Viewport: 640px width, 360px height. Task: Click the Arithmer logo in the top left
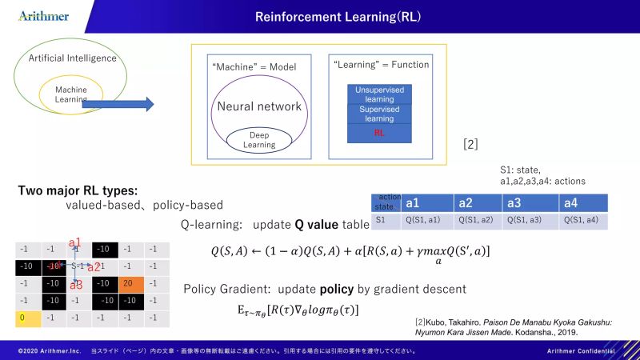tap(43, 16)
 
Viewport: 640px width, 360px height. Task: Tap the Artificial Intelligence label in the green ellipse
tap(72, 58)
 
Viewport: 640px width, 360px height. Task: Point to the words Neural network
tap(258, 106)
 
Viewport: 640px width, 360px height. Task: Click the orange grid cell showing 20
tap(128, 283)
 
